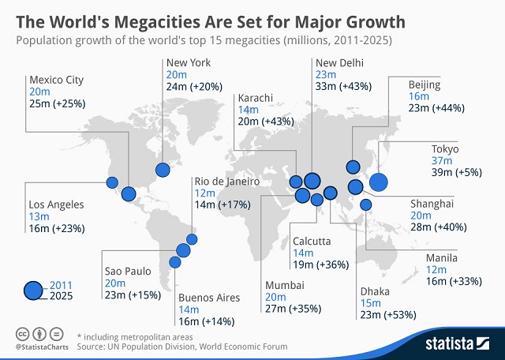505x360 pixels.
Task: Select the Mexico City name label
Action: pos(56,80)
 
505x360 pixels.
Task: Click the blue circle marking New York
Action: pos(163,169)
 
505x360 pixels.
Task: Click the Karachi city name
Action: pos(255,98)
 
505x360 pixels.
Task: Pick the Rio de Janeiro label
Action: pos(226,181)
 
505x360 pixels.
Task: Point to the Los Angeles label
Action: pos(55,204)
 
